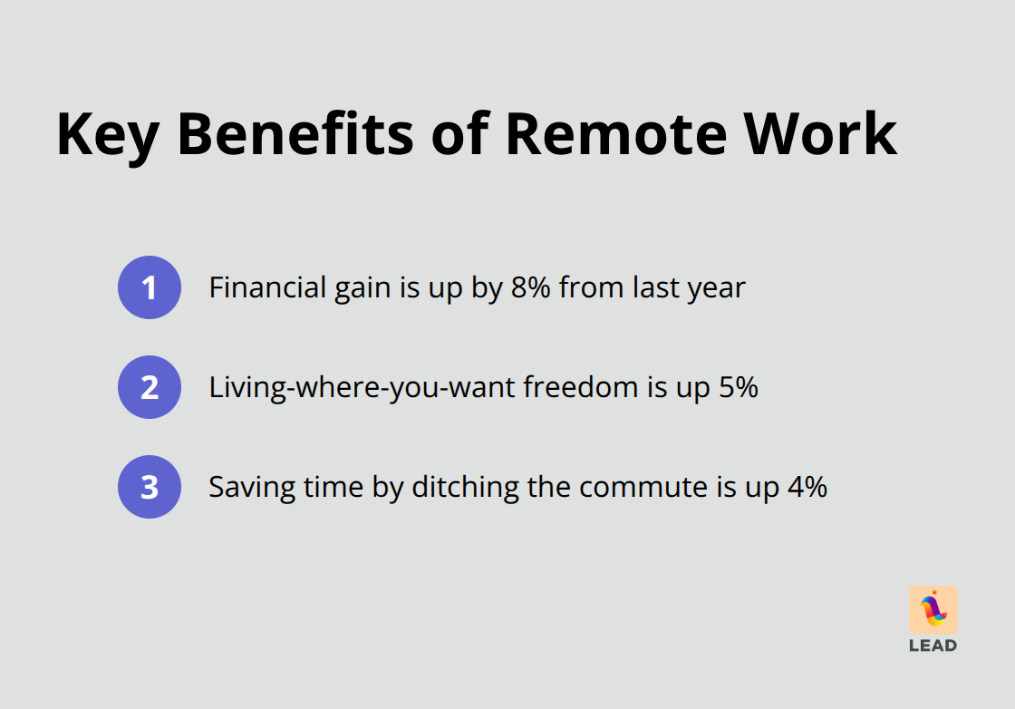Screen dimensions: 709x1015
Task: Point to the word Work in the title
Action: click(820, 133)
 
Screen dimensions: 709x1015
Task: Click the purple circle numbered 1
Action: click(150, 287)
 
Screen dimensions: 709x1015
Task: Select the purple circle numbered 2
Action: click(150, 387)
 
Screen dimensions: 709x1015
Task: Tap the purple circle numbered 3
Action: click(150, 487)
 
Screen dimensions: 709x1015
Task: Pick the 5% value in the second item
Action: click(737, 388)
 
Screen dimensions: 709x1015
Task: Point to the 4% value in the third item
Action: click(806, 488)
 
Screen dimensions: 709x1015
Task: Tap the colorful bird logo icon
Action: click(933, 610)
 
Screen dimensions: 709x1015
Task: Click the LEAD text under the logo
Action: click(933, 646)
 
